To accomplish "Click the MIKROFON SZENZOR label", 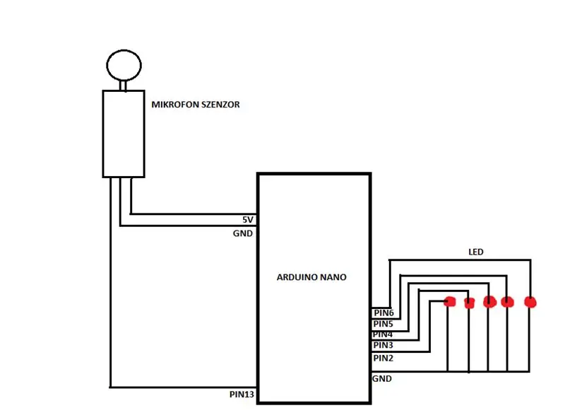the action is (196, 105).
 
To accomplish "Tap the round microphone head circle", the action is (124, 50).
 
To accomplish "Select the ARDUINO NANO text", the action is (311, 277).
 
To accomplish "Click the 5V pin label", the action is (248, 220).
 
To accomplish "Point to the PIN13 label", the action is (242, 395).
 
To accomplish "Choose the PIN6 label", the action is (383, 313).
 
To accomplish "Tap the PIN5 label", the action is (383, 324).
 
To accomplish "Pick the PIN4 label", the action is (383, 334).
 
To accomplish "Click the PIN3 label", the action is (383, 345).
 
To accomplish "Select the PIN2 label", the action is (383, 358).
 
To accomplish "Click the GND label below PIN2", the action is (382, 379).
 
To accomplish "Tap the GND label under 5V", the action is (243, 233).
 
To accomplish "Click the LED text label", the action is (476, 252).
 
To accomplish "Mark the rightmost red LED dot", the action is (530, 302).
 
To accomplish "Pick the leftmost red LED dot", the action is (450, 302).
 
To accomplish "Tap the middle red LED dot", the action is (489, 302).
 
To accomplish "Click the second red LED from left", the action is (469, 303).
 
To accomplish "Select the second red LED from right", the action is (507, 302).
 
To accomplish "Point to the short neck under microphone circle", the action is (123, 86).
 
